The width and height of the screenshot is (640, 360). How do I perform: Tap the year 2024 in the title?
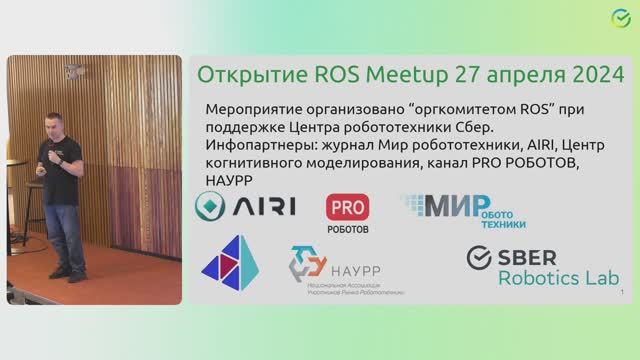coord(586,75)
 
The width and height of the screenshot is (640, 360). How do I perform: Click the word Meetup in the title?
coord(386,75)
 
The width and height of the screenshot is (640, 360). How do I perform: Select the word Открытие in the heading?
coord(240,75)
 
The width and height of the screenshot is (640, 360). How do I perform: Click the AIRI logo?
coord(246,206)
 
